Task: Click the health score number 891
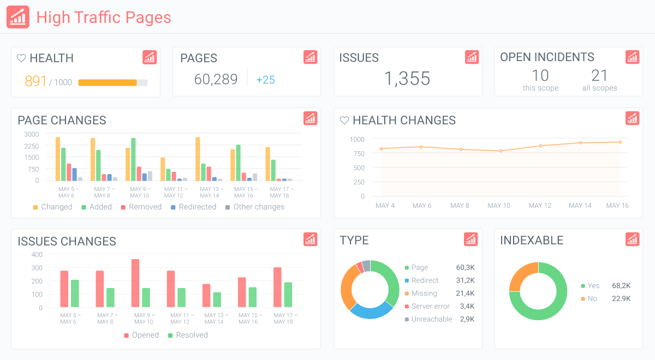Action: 36,81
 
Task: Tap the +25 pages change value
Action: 265,80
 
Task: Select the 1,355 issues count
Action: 407,79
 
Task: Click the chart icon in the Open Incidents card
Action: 632,57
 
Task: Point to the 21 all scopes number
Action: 599,75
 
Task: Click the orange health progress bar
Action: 108,83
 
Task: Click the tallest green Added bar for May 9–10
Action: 133,159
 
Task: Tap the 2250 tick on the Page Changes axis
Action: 31,146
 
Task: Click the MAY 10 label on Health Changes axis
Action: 499,206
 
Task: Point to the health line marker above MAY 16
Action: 620,142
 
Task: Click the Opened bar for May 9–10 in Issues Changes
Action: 135,283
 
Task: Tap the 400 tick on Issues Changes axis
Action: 37,255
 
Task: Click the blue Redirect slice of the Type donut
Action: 372,310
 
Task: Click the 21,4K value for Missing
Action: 465,293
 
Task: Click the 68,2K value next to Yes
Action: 621,285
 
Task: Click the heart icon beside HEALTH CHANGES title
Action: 344,120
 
